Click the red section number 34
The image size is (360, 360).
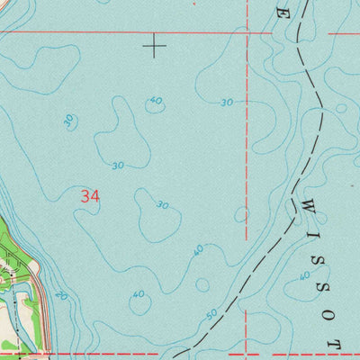pos(89,195)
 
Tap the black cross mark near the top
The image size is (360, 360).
pos(155,45)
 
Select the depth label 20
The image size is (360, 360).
pos(60,295)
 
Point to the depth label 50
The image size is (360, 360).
pos(211,315)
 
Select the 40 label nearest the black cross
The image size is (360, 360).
pos(157,101)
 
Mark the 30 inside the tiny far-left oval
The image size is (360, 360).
pos(68,120)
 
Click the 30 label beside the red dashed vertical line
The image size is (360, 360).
pos(227,103)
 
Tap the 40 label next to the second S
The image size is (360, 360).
pos(305,275)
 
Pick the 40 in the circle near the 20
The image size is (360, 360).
pos(138,294)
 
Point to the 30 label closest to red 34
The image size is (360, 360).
pos(118,166)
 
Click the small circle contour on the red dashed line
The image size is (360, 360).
pos(242,214)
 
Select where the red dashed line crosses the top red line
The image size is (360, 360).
pos(247,32)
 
